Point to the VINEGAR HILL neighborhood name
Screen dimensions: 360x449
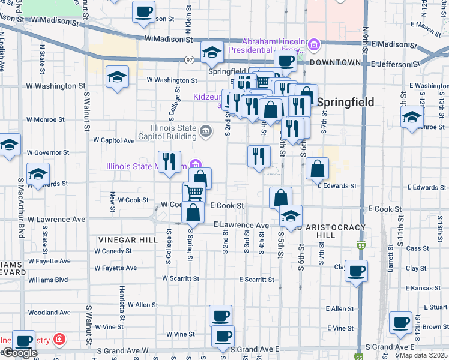click(122, 239)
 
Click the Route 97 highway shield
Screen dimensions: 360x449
click(190, 59)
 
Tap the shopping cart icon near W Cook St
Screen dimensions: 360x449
click(194, 193)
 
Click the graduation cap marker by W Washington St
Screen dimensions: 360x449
click(117, 77)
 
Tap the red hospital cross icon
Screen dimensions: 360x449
click(58, 340)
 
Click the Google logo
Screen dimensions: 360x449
click(19, 353)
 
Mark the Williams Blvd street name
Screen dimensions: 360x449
click(48, 280)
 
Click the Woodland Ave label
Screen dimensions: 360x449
click(49, 313)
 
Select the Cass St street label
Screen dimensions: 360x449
click(417, 248)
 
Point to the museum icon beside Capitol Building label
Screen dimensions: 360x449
click(205, 131)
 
